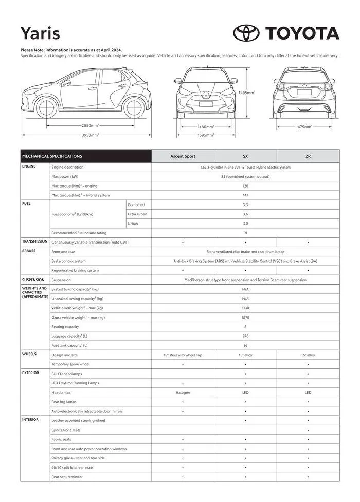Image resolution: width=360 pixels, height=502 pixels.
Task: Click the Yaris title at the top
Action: (40, 33)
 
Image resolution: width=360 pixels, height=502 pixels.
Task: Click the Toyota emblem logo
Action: (246, 33)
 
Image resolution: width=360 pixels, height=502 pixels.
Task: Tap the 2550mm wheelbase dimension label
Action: (91, 125)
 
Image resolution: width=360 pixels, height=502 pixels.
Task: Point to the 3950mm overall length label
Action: (91, 135)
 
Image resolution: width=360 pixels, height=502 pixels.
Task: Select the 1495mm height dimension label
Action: (247, 92)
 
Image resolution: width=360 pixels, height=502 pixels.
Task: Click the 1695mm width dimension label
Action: (206, 135)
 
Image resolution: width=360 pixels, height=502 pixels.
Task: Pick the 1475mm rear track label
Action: (304, 126)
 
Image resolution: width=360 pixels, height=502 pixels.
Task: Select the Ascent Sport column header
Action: (183, 156)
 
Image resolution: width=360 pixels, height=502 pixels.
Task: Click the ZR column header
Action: (308, 156)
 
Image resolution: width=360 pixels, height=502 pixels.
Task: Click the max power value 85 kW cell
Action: (245, 176)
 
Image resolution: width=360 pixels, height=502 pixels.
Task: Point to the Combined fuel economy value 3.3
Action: (245, 204)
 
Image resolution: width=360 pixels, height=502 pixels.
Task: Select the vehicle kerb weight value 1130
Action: (245, 308)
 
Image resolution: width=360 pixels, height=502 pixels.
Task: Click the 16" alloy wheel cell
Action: (308, 355)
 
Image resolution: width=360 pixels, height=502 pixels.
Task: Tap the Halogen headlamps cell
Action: (183, 392)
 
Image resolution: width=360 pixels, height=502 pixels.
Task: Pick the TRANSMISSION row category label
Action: (34, 241)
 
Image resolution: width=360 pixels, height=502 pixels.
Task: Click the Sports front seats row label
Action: (66, 430)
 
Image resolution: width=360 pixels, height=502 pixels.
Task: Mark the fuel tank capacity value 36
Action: (245, 345)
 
